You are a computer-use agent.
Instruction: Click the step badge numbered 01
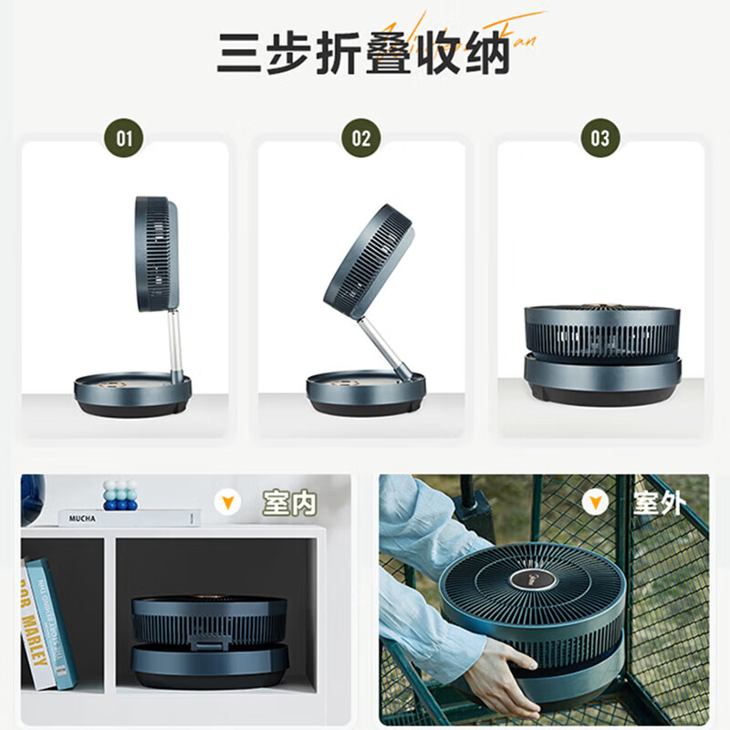(x=125, y=139)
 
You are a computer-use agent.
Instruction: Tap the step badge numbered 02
(x=361, y=139)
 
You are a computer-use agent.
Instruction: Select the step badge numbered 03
(x=600, y=139)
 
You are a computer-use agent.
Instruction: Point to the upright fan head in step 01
(x=157, y=254)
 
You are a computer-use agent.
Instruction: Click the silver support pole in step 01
(x=174, y=342)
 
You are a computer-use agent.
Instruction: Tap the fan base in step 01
(x=133, y=394)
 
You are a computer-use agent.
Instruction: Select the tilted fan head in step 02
(x=369, y=260)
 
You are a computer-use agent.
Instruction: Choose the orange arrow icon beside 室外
(x=596, y=502)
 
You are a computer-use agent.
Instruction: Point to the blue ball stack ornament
(x=120, y=495)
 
